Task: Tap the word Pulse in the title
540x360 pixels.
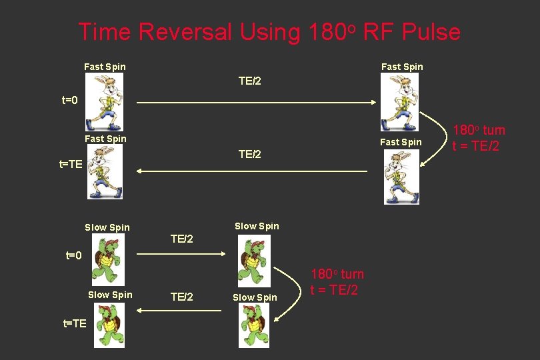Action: point(431,32)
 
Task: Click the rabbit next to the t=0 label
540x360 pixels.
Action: point(104,102)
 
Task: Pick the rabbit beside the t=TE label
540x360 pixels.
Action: point(105,172)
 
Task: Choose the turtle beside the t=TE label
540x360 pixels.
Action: point(109,325)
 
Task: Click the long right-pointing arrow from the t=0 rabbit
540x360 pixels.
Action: point(257,103)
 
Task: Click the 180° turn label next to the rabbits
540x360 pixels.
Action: point(479,138)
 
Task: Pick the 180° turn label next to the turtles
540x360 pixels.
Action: point(337,282)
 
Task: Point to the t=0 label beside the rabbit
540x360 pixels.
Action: point(70,101)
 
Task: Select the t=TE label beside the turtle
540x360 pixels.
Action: point(75,323)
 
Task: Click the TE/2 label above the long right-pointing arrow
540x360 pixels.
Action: point(250,81)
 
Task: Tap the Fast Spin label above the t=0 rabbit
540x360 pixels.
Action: point(105,67)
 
